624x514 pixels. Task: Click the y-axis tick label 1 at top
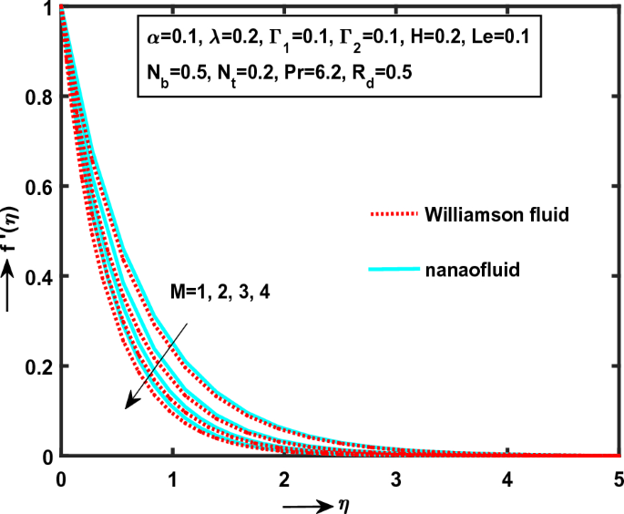point(46,8)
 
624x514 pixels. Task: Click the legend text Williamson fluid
point(486,214)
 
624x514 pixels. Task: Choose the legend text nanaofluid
point(463,269)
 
